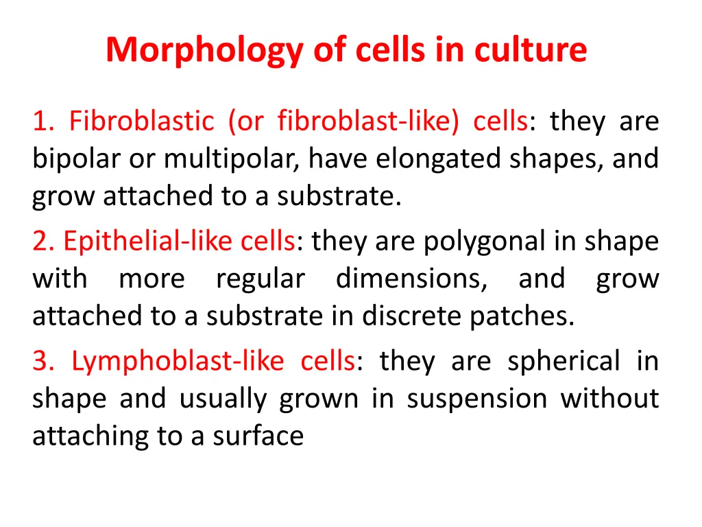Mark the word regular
260,279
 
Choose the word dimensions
411,279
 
